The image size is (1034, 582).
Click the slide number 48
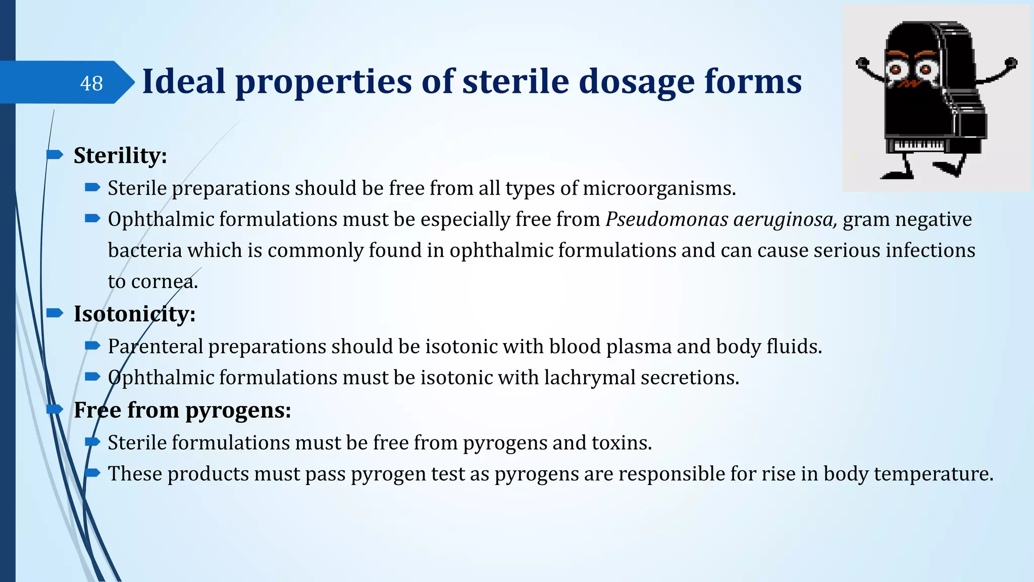pos(91,83)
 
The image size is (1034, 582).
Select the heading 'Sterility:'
pos(120,156)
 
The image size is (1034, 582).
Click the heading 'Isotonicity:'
pos(134,314)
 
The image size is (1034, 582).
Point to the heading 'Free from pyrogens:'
pos(182,410)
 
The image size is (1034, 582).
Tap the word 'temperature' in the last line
pos(933,474)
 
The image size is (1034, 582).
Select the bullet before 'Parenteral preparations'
pos(92,346)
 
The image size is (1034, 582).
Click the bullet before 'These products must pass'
pos(92,473)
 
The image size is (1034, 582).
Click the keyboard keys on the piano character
pos(918,145)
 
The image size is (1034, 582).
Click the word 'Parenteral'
pos(155,347)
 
